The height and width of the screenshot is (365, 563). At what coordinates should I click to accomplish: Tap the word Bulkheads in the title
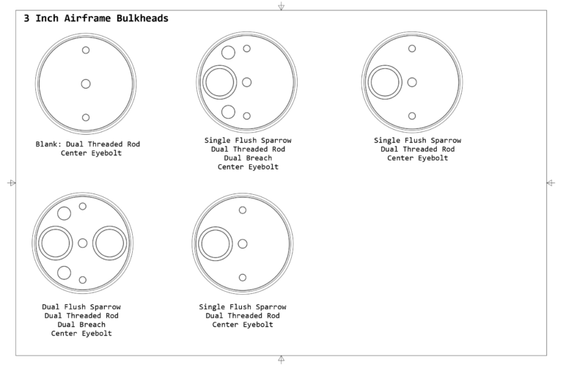click(x=142, y=18)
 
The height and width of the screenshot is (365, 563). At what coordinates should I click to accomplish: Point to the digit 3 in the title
click(x=26, y=18)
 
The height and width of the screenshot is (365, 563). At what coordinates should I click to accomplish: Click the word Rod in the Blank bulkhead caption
click(x=133, y=144)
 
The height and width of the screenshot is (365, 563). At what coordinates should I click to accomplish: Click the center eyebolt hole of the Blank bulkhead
click(x=86, y=84)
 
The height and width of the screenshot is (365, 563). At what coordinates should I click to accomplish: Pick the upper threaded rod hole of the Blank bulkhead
click(x=86, y=51)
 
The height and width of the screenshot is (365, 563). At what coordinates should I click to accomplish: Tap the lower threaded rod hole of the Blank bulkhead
click(x=86, y=117)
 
